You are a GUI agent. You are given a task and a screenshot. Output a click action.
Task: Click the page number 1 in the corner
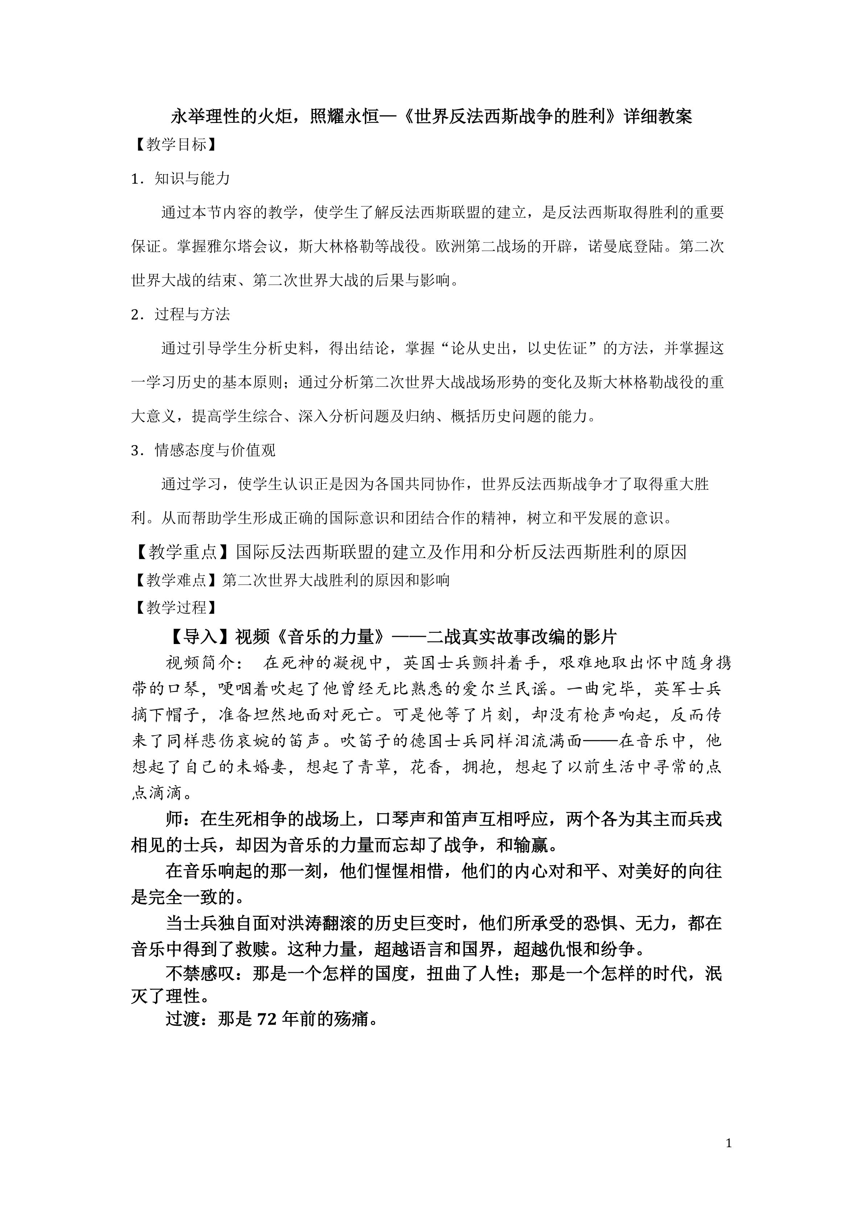(729, 1143)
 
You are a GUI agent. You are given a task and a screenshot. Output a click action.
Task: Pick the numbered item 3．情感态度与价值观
(203, 450)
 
